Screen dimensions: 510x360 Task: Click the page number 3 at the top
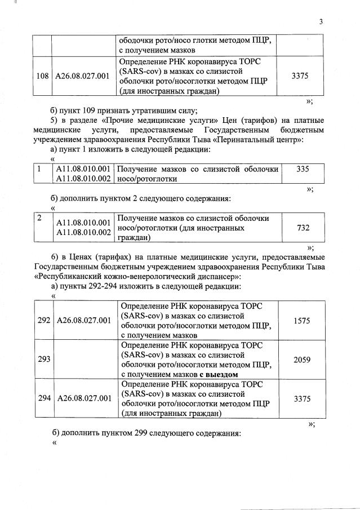pos(321,22)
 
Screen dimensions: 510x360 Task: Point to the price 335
pos(302,168)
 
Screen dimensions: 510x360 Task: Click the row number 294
pos(44,398)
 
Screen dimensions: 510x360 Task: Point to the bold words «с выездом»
pos(219,374)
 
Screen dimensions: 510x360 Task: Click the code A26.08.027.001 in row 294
pos(84,398)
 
